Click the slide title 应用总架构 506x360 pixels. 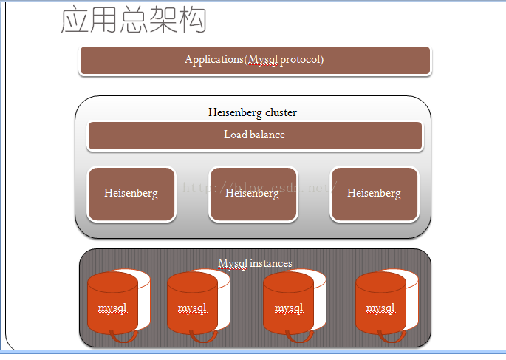(134, 21)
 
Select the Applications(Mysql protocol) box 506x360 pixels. (254, 60)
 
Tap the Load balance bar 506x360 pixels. (254, 135)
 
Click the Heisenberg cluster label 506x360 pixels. (253, 112)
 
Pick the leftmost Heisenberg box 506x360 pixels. (131, 194)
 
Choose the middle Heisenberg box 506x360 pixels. (253, 194)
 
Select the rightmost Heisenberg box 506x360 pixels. (374, 194)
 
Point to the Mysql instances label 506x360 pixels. (255, 263)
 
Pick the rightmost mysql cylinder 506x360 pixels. (380, 305)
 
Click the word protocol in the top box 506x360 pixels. (301, 59)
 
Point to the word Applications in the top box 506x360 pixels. (214, 59)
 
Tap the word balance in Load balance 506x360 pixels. (269, 135)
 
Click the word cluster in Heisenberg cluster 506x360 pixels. (281, 112)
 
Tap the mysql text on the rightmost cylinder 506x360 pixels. (380, 308)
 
